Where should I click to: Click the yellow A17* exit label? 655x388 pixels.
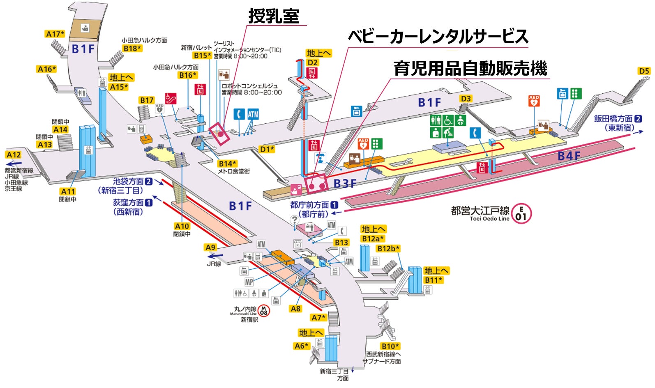click(x=55, y=34)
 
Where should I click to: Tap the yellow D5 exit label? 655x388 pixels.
click(x=644, y=71)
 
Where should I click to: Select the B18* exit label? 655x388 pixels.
click(x=132, y=48)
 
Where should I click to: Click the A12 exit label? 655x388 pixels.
click(x=14, y=155)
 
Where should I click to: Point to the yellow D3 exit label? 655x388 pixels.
click(x=466, y=99)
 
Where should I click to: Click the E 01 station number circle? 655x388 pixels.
click(x=521, y=214)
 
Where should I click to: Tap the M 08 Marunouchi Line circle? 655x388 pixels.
click(x=264, y=311)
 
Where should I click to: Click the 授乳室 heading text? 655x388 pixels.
click(x=274, y=16)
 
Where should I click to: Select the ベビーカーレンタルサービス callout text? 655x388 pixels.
click(x=438, y=37)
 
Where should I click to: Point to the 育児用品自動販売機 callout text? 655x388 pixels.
click(x=470, y=68)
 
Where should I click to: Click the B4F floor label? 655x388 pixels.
click(x=569, y=156)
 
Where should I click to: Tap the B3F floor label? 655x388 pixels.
click(x=344, y=183)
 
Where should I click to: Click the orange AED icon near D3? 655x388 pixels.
click(x=534, y=101)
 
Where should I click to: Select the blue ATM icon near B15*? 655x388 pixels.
click(x=253, y=114)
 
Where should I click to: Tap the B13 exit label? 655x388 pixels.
click(x=341, y=242)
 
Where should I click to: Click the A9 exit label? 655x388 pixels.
click(x=210, y=247)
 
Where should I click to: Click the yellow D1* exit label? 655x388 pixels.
click(x=267, y=149)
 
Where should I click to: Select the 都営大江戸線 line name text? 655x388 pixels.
click(x=480, y=211)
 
